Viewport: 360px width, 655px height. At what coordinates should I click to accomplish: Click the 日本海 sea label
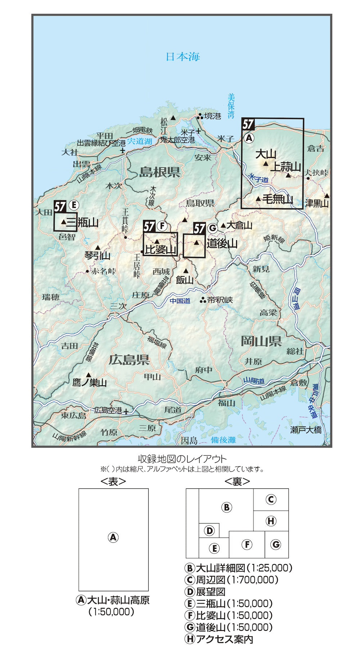(x=183, y=57)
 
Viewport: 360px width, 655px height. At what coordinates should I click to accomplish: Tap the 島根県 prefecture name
(x=159, y=172)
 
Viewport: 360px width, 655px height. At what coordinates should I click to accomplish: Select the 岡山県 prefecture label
(x=261, y=340)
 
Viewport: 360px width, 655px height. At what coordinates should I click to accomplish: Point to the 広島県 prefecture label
(x=129, y=360)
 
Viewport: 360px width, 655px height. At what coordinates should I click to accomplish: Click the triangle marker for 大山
(x=266, y=164)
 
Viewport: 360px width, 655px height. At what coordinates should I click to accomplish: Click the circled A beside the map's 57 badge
(x=249, y=138)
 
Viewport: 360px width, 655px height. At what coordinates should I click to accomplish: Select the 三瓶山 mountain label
(x=83, y=222)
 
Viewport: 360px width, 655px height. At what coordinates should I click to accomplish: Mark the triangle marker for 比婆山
(x=157, y=241)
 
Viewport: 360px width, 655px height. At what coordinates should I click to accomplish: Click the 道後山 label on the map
(x=222, y=244)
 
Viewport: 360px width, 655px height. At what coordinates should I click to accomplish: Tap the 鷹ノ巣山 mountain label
(x=90, y=383)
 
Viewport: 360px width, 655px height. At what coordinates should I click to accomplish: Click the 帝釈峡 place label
(x=220, y=300)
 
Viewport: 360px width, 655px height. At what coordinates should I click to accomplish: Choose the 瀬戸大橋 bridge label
(x=306, y=430)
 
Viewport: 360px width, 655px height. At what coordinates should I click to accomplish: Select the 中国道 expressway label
(x=180, y=301)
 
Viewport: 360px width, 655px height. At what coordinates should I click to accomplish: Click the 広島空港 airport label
(x=108, y=410)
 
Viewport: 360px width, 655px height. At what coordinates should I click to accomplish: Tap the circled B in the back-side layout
(x=226, y=507)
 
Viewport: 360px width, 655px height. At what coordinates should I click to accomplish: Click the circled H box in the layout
(x=271, y=521)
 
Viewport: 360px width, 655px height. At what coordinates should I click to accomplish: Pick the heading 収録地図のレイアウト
(x=183, y=459)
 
